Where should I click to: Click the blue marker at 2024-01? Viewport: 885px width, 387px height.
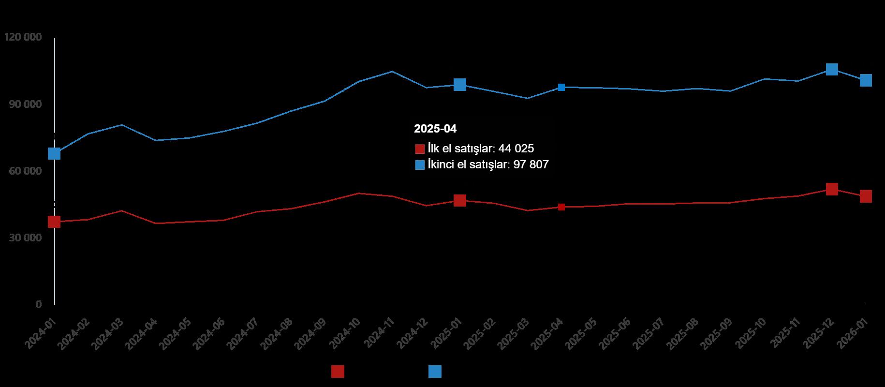tap(54, 153)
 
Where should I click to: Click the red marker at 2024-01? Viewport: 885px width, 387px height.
tap(54, 222)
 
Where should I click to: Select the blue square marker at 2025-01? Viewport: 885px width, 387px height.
tap(460, 85)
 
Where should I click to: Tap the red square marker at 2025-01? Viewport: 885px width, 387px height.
tap(460, 200)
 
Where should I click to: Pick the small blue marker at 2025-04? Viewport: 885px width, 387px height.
tap(561, 87)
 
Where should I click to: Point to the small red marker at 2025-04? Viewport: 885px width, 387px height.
tap(561, 207)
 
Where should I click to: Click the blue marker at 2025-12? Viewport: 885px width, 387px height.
tap(832, 69)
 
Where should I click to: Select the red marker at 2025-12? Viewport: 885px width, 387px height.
tap(832, 189)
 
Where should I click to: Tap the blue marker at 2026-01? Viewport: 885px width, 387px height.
tap(866, 80)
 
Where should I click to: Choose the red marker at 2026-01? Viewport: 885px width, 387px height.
tap(866, 196)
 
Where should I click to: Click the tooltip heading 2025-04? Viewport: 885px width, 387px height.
tap(435, 129)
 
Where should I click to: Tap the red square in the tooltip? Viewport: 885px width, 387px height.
tap(420, 149)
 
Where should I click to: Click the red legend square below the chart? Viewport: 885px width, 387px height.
tap(338, 372)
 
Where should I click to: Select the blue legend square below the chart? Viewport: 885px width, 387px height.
tap(435, 372)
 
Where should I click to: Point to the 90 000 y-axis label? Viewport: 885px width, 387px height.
tap(23, 104)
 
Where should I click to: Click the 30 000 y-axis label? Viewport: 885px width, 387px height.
tap(23, 238)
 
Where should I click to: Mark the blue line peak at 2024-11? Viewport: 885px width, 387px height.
tap(392, 72)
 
